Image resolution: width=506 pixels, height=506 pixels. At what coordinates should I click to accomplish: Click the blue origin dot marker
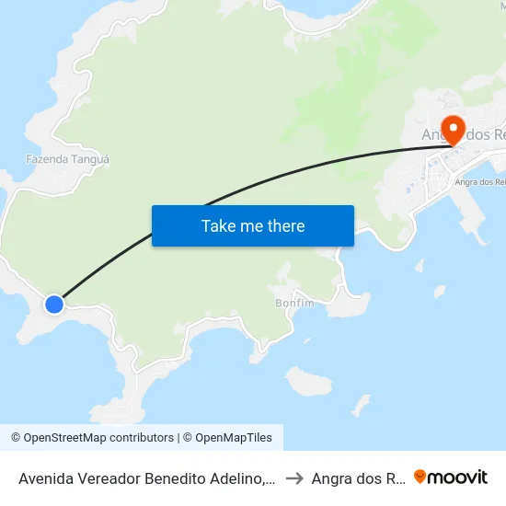pyautogui.click(x=54, y=304)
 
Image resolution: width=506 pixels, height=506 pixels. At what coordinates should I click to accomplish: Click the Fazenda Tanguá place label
pyautogui.click(x=68, y=159)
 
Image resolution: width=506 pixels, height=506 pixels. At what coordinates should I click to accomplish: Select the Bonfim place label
pyautogui.click(x=294, y=303)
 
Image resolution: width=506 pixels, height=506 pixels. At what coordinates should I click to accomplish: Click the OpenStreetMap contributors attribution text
pyautogui.click(x=98, y=438)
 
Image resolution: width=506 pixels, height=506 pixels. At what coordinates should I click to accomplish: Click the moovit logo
pyautogui.click(x=451, y=477)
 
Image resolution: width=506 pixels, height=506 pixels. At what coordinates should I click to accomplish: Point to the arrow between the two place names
pyautogui.click(x=294, y=477)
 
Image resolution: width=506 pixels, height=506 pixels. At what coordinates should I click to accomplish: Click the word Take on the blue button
pyautogui.click(x=219, y=226)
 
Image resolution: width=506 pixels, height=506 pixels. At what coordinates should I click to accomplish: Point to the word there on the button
pyautogui.click(x=285, y=226)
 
